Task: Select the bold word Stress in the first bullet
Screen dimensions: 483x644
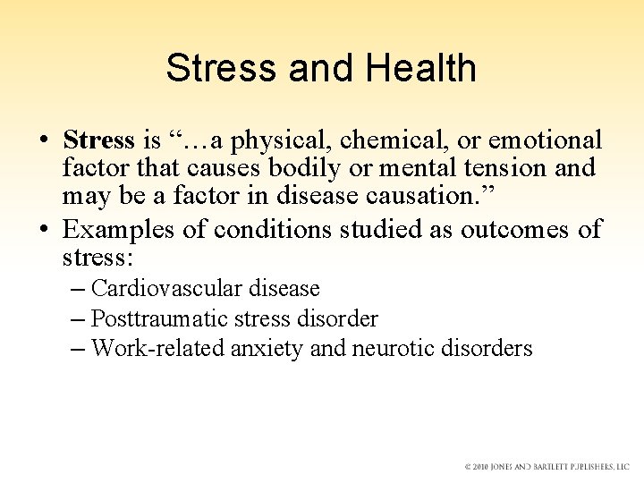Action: pos(98,140)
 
